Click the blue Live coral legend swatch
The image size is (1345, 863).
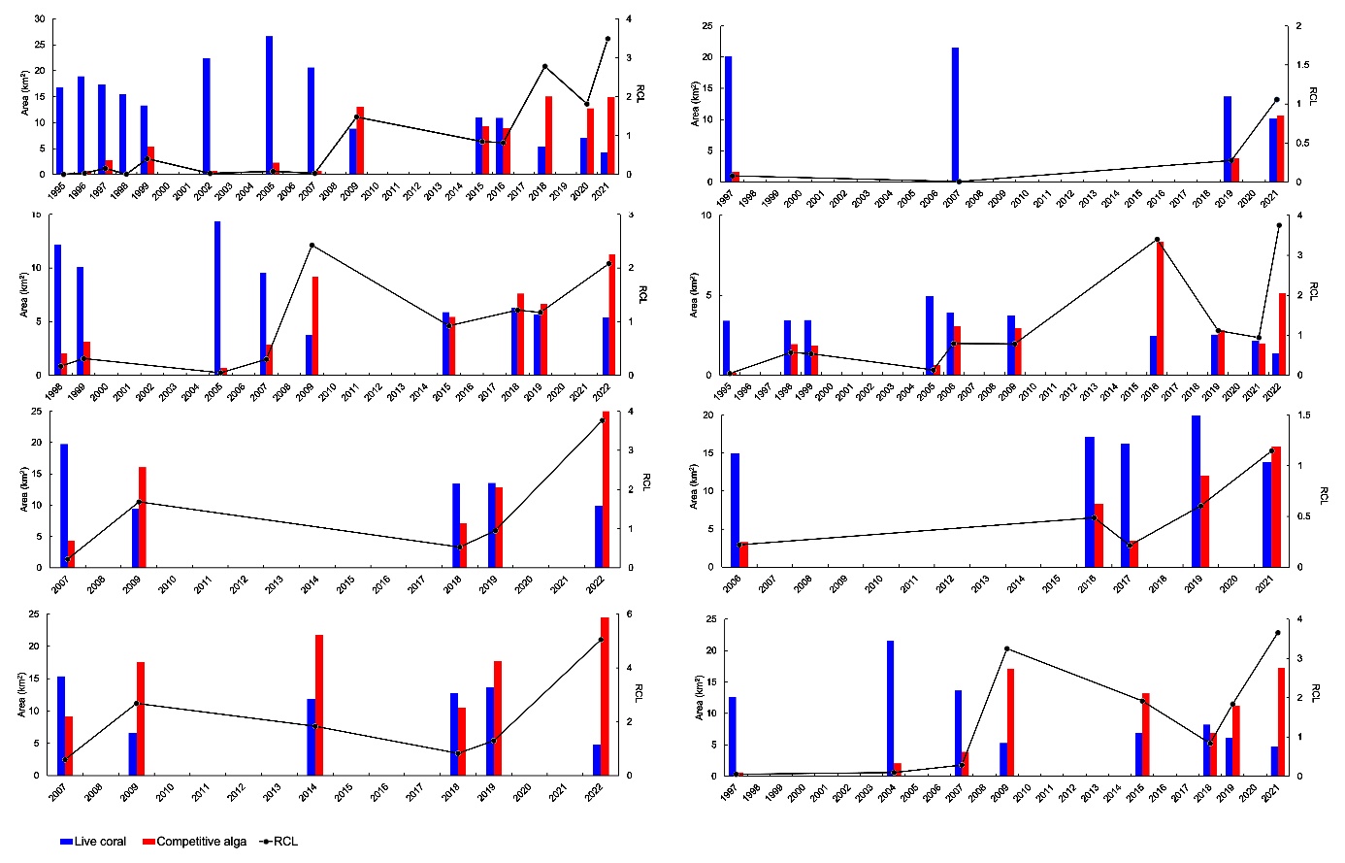(x=66, y=842)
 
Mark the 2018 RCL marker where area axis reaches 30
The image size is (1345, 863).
(x=544, y=66)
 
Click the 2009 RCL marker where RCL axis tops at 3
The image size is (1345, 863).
(x=312, y=246)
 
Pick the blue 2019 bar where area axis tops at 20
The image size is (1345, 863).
(x=1196, y=491)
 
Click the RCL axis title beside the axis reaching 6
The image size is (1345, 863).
(x=639, y=694)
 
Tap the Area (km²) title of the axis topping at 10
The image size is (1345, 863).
(x=694, y=294)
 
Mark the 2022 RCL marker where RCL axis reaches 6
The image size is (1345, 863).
(x=601, y=640)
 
